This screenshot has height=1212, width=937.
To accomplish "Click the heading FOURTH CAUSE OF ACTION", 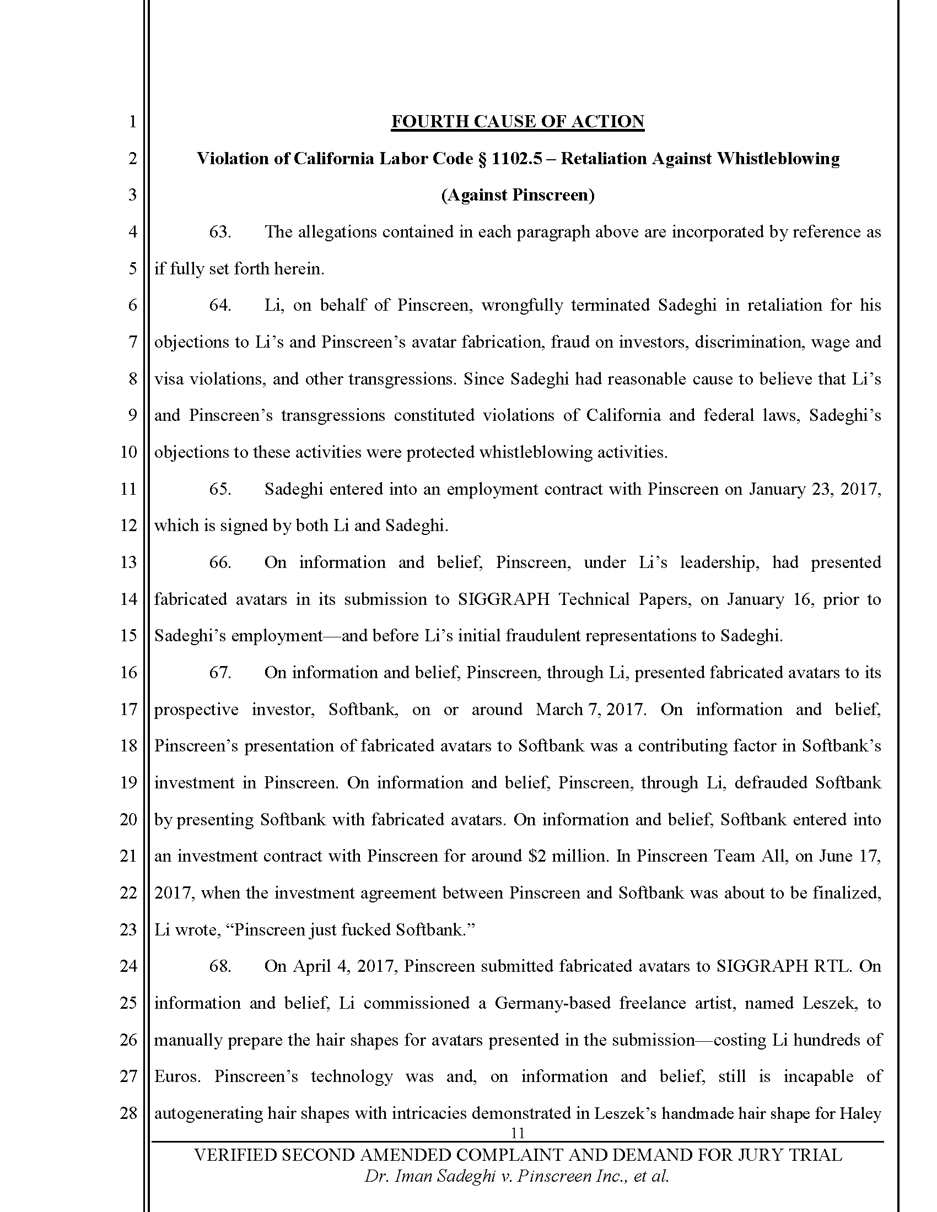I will pos(518,122).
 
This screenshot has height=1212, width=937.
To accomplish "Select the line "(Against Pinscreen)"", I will pos(518,196).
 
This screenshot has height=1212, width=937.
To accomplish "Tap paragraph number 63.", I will pos(220,232).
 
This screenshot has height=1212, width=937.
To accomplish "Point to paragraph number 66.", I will pos(220,562).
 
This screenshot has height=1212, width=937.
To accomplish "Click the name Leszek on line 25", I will pos(828,1003).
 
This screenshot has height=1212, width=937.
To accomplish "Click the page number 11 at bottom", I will pos(518,1133).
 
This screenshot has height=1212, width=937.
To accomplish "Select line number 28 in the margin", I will pos(128,1113).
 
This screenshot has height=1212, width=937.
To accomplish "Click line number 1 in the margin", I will pos(132,122).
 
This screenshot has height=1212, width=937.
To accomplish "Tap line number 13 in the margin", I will pos(128,562).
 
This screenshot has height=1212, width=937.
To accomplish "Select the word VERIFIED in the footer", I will pos(235,1155).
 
